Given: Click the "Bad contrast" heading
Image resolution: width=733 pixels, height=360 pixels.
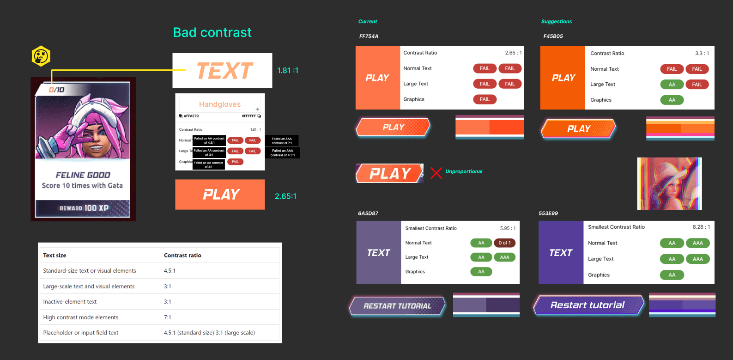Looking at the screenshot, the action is (x=212, y=32).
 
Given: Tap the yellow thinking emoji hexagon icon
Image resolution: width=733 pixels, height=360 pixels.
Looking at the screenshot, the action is (x=41, y=56).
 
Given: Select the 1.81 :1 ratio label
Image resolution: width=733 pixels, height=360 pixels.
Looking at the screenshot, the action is (x=287, y=70).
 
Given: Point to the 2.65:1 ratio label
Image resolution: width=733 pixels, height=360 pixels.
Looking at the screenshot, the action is (x=285, y=196).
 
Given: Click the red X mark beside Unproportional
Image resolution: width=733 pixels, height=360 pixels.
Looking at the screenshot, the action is (x=436, y=173).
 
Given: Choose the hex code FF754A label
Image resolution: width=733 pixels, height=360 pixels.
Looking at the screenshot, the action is (x=369, y=36).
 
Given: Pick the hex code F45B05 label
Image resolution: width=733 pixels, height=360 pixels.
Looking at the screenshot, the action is (x=553, y=36).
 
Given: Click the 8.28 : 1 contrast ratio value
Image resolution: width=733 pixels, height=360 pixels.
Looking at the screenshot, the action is (x=701, y=227).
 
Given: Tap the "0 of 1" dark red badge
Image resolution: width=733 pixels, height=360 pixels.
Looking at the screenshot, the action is (x=504, y=243).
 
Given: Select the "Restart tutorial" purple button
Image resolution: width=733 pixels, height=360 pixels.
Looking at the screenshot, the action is (x=588, y=305).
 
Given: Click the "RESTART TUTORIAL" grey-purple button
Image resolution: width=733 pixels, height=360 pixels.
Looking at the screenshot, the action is (x=397, y=306).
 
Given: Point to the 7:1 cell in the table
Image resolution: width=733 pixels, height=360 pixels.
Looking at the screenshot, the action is (x=167, y=317).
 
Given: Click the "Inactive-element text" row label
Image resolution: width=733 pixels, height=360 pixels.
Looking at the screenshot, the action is (x=70, y=302).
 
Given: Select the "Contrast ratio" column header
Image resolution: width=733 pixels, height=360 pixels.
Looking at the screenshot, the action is (x=182, y=255).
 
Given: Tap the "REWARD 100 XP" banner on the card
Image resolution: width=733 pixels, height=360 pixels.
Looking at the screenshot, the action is (x=83, y=208).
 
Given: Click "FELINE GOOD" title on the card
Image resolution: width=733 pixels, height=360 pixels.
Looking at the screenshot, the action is (x=83, y=175).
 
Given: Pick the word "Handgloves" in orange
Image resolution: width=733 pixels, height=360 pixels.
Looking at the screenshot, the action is (x=220, y=104).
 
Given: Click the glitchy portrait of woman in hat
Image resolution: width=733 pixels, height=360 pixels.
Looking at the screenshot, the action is (x=669, y=183).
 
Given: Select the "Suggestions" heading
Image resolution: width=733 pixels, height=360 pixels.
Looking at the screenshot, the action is (x=556, y=21).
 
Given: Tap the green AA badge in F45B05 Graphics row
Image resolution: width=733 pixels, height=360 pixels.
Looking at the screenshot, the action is (x=672, y=100).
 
